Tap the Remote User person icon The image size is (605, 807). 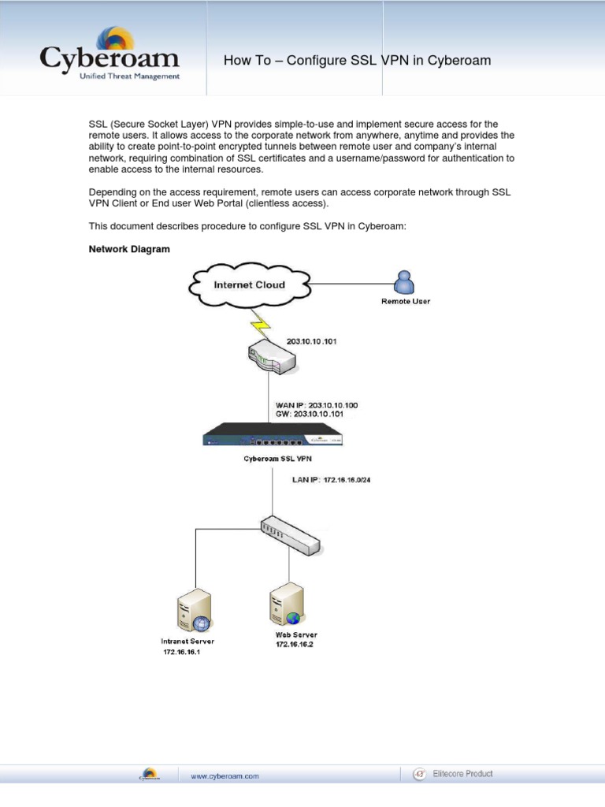pyautogui.click(x=405, y=282)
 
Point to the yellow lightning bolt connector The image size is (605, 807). pyautogui.click(x=259, y=322)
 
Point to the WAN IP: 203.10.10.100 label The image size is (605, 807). pyautogui.click(x=316, y=405)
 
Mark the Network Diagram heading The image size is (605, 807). pyautogui.click(x=129, y=249)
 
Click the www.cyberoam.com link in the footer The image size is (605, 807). pyautogui.click(x=225, y=776)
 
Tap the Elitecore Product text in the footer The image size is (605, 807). pyautogui.click(x=462, y=774)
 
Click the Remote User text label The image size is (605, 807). pyautogui.click(x=406, y=301)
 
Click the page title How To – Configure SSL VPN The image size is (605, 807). pyautogui.click(x=357, y=61)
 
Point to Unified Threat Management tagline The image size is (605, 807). pyautogui.click(x=130, y=76)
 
